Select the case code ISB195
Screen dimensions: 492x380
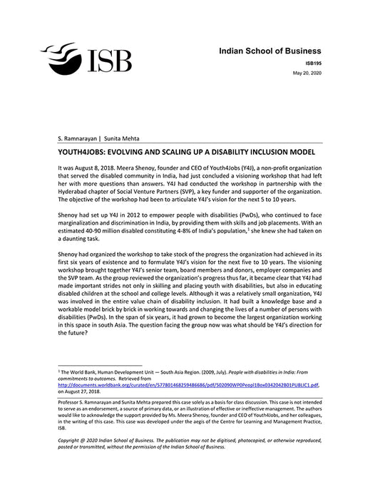pos(310,63)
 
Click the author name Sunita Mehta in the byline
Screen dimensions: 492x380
pos(125,137)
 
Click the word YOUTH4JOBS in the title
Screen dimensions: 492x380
pos(80,152)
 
